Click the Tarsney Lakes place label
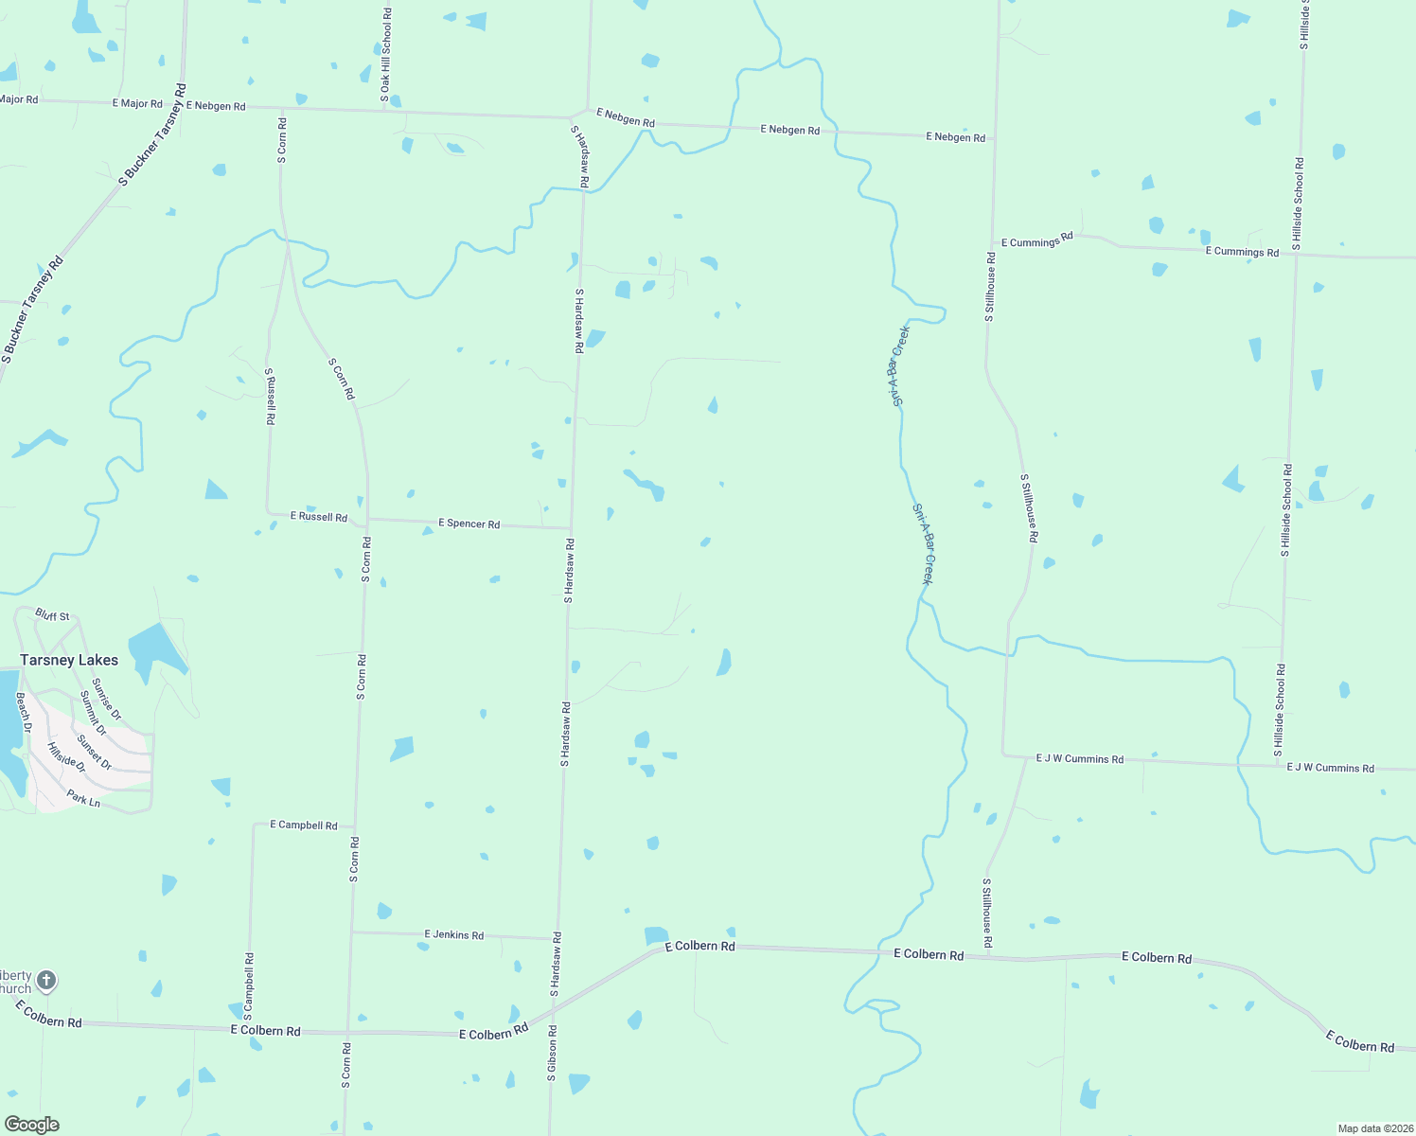click(x=69, y=660)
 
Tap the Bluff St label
click(x=52, y=615)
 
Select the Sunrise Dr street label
click(x=106, y=698)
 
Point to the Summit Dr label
click(x=93, y=713)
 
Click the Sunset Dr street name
click(x=94, y=753)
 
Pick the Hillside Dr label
click(x=65, y=756)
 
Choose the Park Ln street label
click(x=83, y=800)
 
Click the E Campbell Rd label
click(x=303, y=825)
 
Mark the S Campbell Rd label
click(x=249, y=986)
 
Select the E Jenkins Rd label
click(x=453, y=934)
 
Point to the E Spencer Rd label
click(x=469, y=524)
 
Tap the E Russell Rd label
click(x=318, y=517)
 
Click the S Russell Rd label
click(x=270, y=396)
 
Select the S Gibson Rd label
click(x=552, y=1053)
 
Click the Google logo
click(x=32, y=1125)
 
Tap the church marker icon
click(x=46, y=980)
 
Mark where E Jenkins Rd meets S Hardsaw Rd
click(x=556, y=939)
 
